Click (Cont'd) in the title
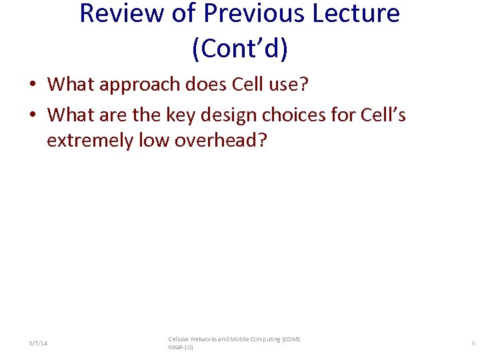(x=239, y=49)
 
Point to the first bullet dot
(x=32, y=85)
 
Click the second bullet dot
(x=32, y=116)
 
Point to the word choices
(x=298, y=115)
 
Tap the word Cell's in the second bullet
(x=382, y=115)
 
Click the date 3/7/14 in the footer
(x=38, y=343)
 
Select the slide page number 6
(x=473, y=343)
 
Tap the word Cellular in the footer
(x=180, y=339)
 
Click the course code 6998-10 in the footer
(x=180, y=347)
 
